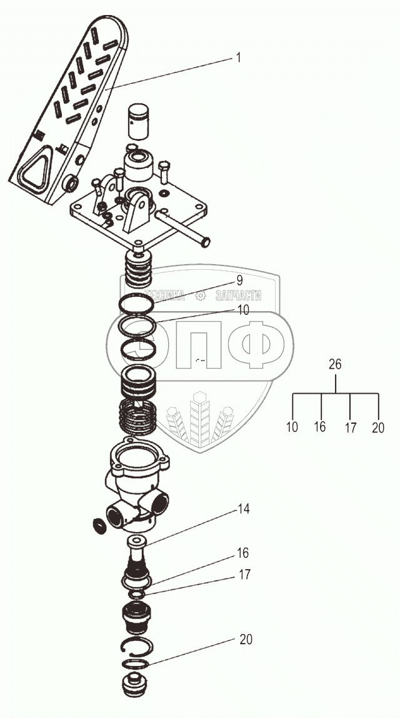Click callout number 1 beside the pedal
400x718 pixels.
point(238,58)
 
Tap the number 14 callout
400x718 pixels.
point(243,509)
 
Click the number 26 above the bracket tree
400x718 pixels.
point(335,364)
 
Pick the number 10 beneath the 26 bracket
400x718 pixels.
point(292,428)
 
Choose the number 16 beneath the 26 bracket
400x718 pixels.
point(320,428)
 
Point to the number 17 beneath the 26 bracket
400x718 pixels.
point(350,428)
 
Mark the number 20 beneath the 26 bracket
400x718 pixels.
point(377,428)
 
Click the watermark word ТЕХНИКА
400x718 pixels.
point(164,297)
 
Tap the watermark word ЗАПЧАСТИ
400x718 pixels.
point(238,297)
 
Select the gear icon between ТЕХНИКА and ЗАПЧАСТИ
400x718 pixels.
point(201,297)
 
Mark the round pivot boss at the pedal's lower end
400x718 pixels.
point(72,183)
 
